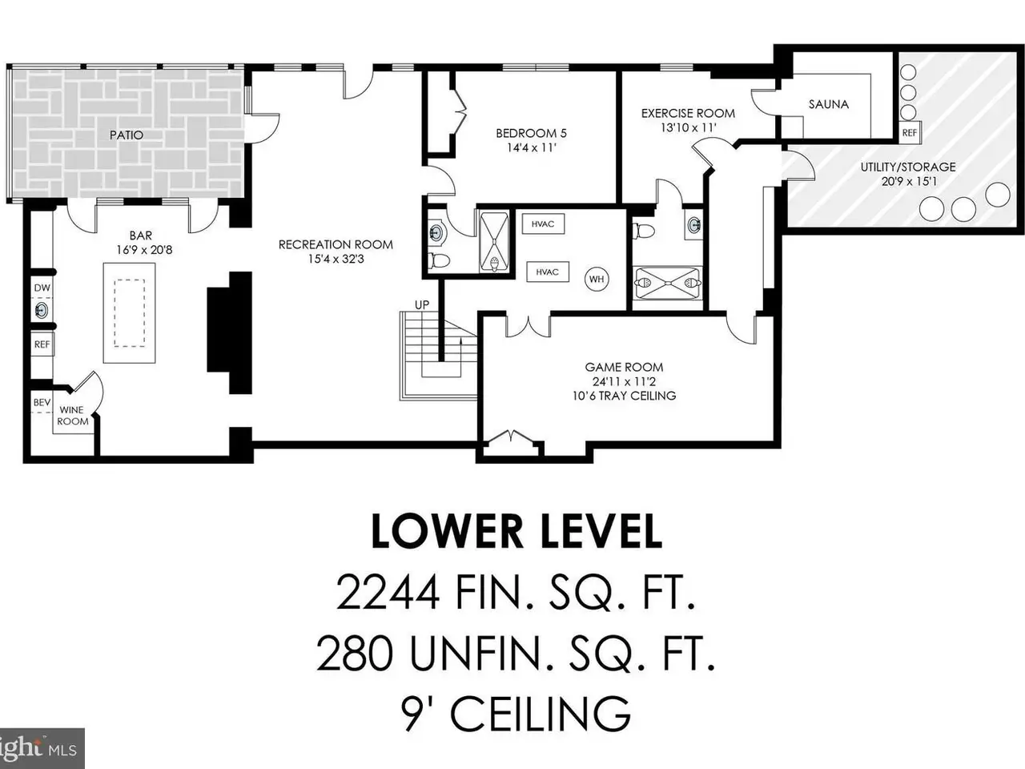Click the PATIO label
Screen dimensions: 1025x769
click(x=126, y=135)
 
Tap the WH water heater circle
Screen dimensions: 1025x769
click(x=597, y=280)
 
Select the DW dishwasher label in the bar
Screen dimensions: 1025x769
click(x=42, y=288)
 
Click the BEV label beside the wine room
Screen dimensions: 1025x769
click(x=42, y=402)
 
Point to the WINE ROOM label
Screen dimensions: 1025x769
click(x=72, y=416)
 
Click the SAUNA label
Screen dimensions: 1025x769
click(x=828, y=104)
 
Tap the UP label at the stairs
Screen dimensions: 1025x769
click(x=422, y=305)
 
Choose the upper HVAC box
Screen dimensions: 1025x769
click(x=543, y=224)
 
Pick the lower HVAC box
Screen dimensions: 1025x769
click(x=547, y=272)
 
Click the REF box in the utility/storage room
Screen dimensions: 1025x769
click(x=909, y=133)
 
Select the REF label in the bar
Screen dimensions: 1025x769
click(x=42, y=344)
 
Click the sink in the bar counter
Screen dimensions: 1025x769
click(x=41, y=310)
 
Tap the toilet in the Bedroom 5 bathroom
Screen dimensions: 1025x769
click(x=439, y=260)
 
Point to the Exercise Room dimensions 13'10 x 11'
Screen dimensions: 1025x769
click(x=688, y=127)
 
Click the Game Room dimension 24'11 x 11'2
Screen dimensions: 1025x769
click(x=624, y=381)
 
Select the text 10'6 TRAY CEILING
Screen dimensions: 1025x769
click(x=624, y=396)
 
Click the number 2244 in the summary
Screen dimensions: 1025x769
click(x=388, y=593)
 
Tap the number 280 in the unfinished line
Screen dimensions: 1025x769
click(x=355, y=654)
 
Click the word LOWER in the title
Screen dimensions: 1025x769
click(x=448, y=532)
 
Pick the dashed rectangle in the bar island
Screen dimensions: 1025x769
click(x=130, y=313)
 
